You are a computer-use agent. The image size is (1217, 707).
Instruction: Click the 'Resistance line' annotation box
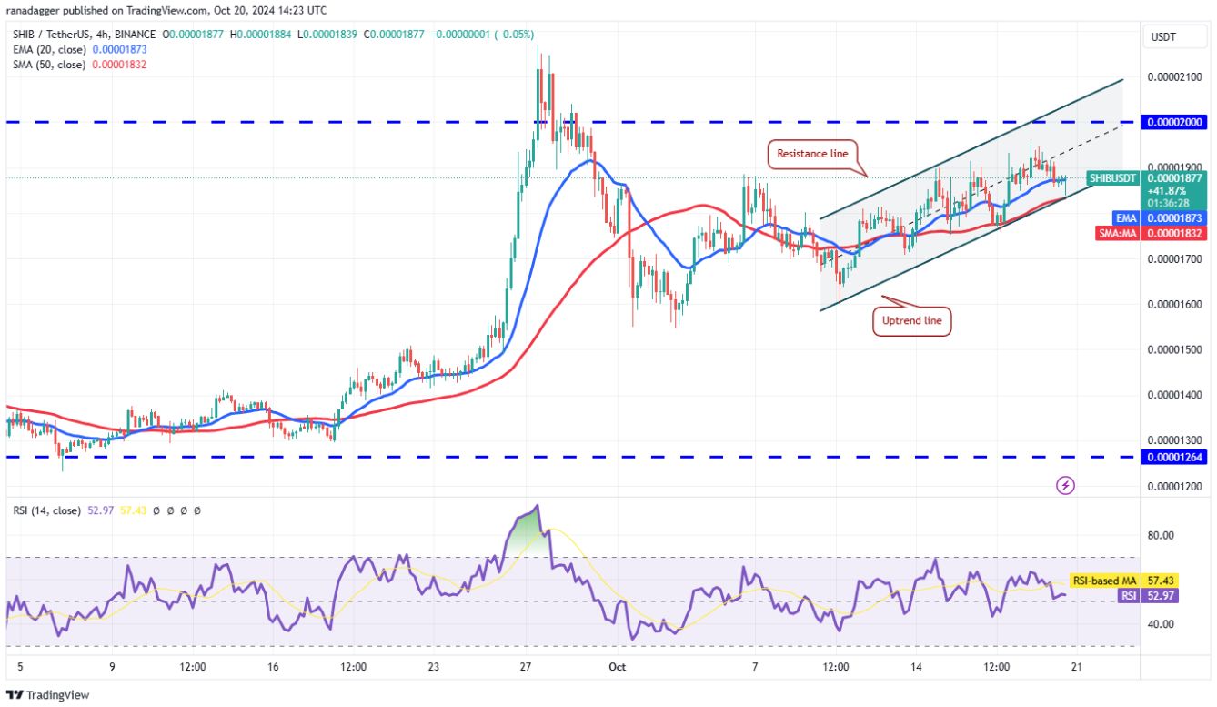[813, 154]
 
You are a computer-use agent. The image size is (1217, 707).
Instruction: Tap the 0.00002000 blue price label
[1175, 122]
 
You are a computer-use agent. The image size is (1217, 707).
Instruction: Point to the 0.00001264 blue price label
[1175, 457]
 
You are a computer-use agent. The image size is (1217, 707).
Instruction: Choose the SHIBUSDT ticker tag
[1114, 178]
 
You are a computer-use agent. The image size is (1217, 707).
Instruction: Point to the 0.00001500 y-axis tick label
[1175, 349]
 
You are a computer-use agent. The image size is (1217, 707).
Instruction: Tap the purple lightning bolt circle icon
[1065, 486]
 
